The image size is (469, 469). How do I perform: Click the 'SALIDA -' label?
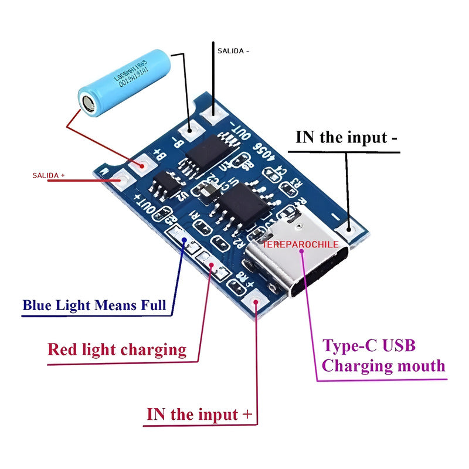point(233,51)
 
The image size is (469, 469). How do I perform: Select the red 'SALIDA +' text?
point(48,175)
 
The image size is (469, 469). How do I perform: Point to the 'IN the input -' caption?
point(346,137)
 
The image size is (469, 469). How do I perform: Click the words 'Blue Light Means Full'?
point(94,305)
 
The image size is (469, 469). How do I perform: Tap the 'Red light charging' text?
point(117,350)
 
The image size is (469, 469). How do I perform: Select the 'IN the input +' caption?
point(199,414)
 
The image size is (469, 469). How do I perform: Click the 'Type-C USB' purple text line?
point(369,345)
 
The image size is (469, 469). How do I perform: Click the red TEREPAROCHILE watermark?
point(300,244)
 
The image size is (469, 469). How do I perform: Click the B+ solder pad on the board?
point(141,165)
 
